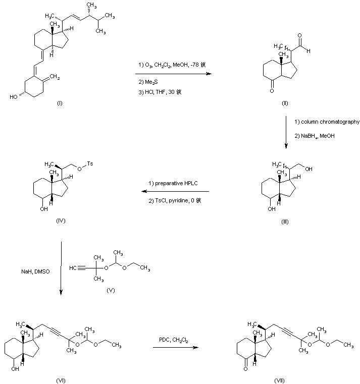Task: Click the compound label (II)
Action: [x=285, y=103]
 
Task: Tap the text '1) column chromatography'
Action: [x=327, y=122]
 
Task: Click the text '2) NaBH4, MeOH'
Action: [x=315, y=135]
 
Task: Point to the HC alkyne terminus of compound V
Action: [x=74, y=267]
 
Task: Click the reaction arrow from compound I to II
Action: [x=172, y=74]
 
